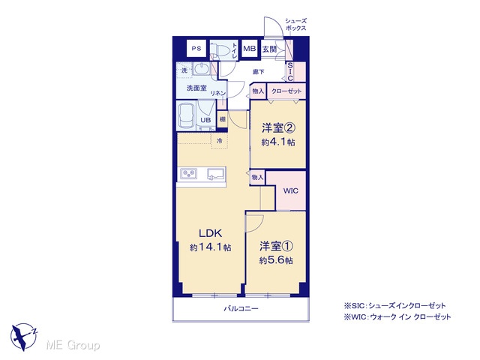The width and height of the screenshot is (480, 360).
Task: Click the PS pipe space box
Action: coord(196,48)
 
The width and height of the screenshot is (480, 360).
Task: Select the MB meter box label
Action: coord(250,48)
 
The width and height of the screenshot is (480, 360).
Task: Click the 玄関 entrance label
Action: coord(269,49)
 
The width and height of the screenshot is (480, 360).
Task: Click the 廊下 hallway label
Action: coord(258,72)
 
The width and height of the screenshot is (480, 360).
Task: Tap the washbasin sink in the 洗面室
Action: coord(201,69)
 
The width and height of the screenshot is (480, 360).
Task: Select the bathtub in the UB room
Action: coord(187,115)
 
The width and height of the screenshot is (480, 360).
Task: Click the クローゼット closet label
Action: coord(286,91)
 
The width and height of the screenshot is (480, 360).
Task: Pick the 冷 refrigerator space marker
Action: coord(220,140)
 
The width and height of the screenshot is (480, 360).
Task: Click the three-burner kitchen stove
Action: coord(188,174)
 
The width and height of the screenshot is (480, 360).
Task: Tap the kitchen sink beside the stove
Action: coord(216,175)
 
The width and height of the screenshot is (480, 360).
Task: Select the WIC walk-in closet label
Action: coord(290,191)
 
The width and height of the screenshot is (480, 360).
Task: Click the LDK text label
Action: coord(210,233)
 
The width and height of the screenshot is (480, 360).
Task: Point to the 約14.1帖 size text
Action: coord(210,247)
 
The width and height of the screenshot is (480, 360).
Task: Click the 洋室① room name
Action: coord(276,247)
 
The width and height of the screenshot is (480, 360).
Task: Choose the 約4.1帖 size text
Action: coord(278,142)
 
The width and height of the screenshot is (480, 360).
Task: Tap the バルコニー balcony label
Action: coord(241,308)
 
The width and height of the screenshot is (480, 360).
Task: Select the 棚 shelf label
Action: coord(222,119)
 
